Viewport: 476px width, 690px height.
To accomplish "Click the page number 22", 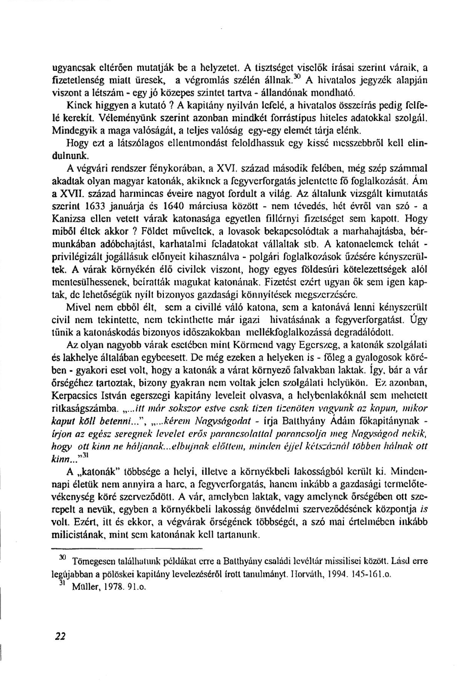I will [x=60, y=636].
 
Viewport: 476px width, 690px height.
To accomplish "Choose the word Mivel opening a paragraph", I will [x=78, y=307].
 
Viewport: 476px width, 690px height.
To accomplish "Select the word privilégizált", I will [x=78, y=256].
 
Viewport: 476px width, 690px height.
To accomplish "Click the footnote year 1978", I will [x=110, y=587].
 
